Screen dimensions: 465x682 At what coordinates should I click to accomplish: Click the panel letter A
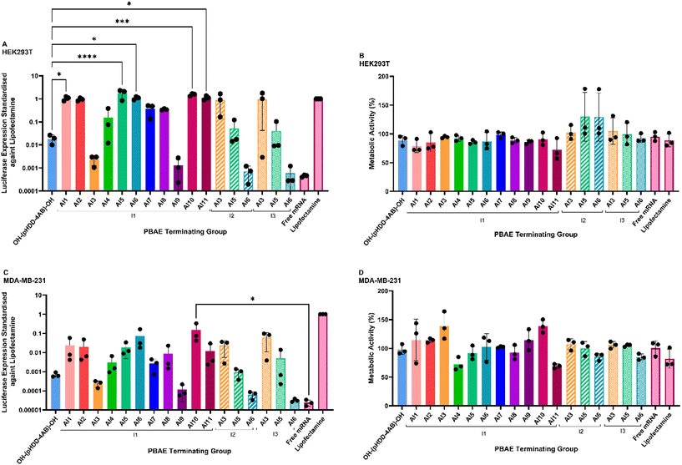[x=5, y=43]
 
